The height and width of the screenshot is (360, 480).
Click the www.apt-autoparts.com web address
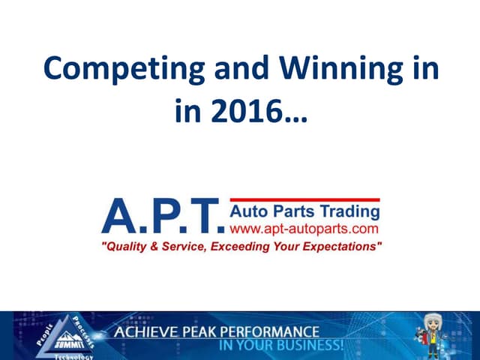(303, 226)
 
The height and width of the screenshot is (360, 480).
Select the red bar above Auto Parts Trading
(303, 199)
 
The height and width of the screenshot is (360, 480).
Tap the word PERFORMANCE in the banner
(269, 331)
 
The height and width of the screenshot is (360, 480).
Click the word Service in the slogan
(184, 246)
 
